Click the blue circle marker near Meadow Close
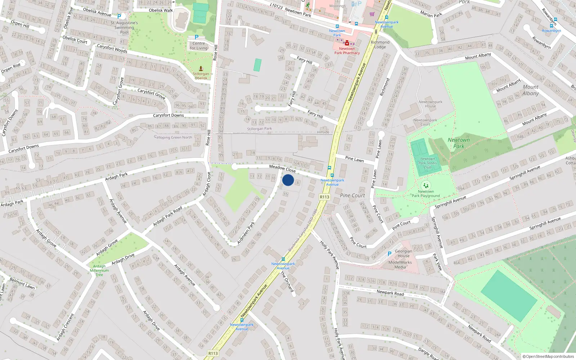pyautogui.click(x=288, y=180)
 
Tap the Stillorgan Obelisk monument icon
pyautogui.click(x=201, y=68)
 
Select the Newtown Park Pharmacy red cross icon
pyautogui.click(x=347, y=43)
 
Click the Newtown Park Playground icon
pyautogui.click(x=426, y=186)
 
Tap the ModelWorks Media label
pyautogui.click(x=400, y=265)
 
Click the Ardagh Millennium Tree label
pyautogui.click(x=99, y=270)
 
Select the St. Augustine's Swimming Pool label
pyautogui.click(x=124, y=27)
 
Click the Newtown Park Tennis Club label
pyautogui.click(x=428, y=163)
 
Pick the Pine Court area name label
pyautogui.click(x=352, y=195)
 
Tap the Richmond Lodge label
pyautogui.click(x=380, y=45)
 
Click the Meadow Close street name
pyautogui.click(x=282, y=168)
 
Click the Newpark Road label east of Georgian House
pyautogui.click(x=390, y=293)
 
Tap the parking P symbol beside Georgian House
pyautogui.click(x=389, y=254)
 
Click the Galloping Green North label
pyautogui.click(x=173, y=137)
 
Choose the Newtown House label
pyautogui.click(x=430, y=104)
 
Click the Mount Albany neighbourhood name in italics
pyautogui.click(x=531, y=90)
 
